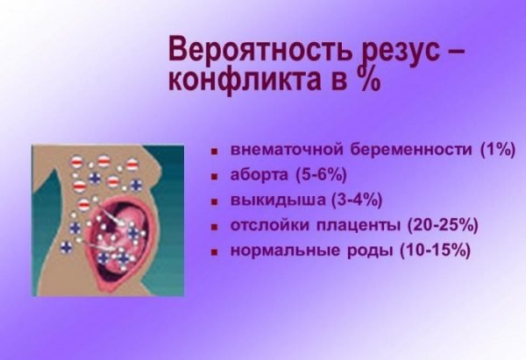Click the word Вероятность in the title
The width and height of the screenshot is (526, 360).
pos(259,49)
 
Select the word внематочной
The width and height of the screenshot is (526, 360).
pos(287,149)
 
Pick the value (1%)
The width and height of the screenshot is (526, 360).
pos(497,150)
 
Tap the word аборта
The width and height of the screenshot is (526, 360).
pos(259,174)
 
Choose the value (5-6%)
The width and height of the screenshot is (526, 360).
pos(321,174)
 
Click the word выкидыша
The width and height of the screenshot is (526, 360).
pos(278,200)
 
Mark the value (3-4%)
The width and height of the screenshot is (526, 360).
pos(357,200)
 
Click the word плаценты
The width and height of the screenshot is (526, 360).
pos(358,226)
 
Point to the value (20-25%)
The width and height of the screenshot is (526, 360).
pos(443,225)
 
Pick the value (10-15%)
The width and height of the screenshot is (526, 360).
pos(435,251)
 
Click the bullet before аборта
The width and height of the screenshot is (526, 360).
pos(214,176)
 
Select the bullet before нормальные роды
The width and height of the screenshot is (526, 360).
pos(214,252)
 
